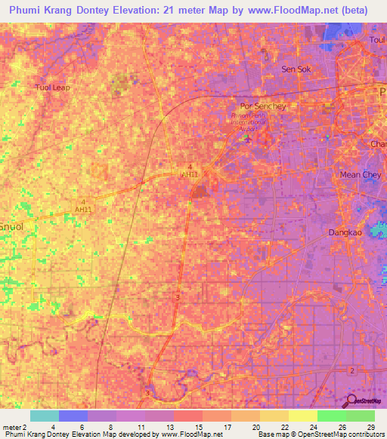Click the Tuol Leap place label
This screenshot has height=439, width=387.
point(52,87)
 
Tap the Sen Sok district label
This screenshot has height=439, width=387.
point(296,69)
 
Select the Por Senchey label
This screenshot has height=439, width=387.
point(262,106)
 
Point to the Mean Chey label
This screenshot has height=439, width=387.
point(360,174)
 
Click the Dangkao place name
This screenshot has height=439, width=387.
point(346,233)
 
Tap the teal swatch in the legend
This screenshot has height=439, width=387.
point(45,416)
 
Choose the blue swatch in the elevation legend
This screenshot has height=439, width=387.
point(73,416)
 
